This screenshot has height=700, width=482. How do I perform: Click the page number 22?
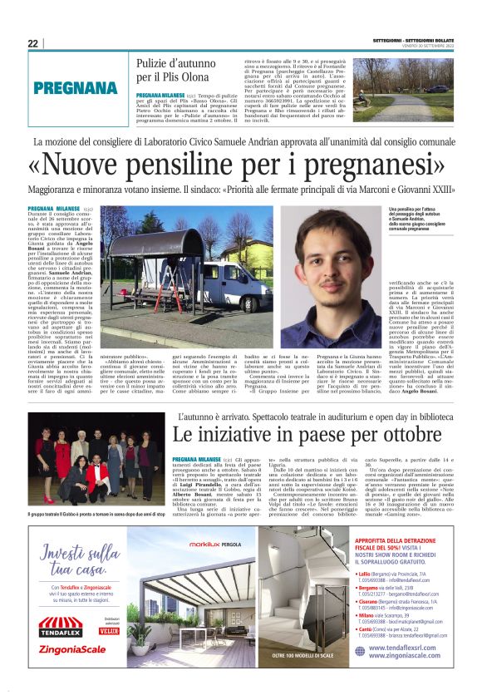32,43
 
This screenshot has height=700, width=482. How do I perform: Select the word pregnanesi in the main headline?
378,166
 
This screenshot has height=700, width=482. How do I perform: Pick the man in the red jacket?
98,473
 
